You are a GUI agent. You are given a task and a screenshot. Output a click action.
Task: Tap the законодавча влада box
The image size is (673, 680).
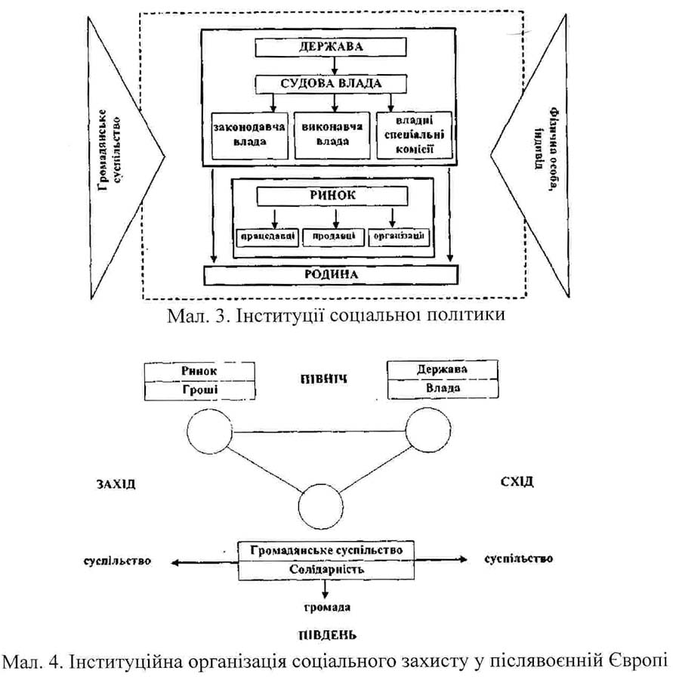pos(246,134)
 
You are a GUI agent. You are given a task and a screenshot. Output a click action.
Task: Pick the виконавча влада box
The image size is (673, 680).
pos(330,134)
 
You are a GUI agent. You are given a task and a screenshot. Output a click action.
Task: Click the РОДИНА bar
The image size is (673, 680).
pos(332,274)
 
